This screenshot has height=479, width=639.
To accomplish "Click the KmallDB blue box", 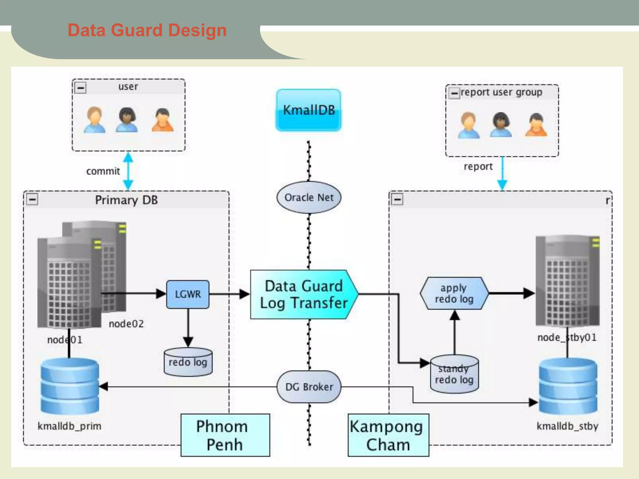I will pyautogui.click(x=308, y=110).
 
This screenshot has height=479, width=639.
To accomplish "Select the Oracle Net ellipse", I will pyautogui.click(x=309, y=197).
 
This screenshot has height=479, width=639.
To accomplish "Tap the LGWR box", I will pyautogui.click(x=188, y=294).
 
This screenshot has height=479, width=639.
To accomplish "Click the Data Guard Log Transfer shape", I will pyautogui.click(x=304, y=294).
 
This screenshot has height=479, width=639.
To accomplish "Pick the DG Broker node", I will pyautogui.click(x=309, y=387).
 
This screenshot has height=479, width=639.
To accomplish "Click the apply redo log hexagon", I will pyautogui.click(x=454, y=293).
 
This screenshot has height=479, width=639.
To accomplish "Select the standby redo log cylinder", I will pyautogui.click(x=454, y=374).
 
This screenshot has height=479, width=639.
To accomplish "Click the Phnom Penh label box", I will pyautogui.click(x=225, y=435).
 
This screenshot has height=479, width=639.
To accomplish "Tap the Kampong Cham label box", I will pyautogui.click(x=388, y=435).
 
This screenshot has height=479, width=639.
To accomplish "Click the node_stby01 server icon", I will pyautogui.click(x=567, y=281).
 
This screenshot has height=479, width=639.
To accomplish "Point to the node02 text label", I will pyautogui.click(x=126, y=324).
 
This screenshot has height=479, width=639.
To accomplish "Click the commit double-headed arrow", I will pyautogui.click(x=128, y=171).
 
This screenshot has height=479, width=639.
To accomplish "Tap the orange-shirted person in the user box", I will pyautogui.click(x=162, y=120).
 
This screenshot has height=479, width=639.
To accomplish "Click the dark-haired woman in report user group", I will pyautogui.click(x=500, y=125).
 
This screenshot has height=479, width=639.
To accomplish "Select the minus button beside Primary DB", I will pyautogui.click(x=32, y=199).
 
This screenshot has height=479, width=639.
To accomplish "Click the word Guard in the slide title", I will pyautogui.click(x=136, y=30).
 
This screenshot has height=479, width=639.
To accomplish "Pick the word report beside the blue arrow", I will pyautogui.click(x=478, y=167).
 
